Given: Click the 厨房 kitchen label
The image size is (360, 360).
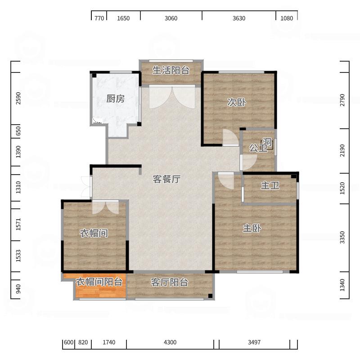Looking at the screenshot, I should click(116, 99).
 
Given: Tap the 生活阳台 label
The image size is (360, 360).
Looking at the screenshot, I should click(171, 70).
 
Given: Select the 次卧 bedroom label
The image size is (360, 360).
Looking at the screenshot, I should click(236, 103).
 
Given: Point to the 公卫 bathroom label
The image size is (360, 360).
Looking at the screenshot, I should click(258, 148).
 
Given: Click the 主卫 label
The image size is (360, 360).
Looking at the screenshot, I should click(270, 185).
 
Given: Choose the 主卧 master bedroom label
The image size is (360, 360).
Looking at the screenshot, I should click(252, 229).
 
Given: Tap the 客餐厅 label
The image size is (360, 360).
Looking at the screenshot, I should click(166, 179).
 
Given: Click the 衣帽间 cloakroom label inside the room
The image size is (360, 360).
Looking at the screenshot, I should click(94, 233).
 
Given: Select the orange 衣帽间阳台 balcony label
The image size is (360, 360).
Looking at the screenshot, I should click(99, 282).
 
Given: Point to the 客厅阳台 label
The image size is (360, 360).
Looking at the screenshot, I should click(169, 283).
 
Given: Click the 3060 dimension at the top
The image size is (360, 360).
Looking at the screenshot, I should click(171, 18).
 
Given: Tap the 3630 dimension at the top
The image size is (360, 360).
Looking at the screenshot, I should click(239, 18).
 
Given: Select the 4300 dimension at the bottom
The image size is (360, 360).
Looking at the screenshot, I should click(170, 342).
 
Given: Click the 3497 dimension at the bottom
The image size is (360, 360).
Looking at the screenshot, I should click(254, 342).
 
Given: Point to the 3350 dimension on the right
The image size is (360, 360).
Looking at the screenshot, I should click(342, 238).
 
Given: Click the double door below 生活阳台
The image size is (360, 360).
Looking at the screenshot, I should click(171, 97).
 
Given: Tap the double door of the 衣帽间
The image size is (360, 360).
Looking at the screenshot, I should click(106, 207).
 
